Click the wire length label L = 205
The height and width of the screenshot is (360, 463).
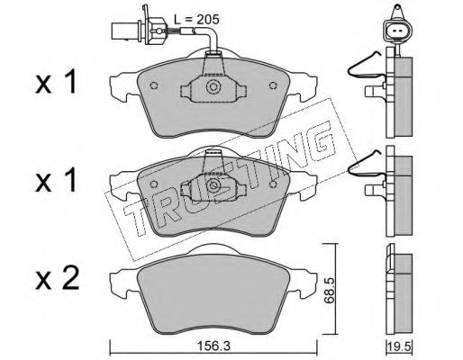coord(196,20)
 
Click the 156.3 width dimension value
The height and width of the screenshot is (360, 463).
coord(213,346)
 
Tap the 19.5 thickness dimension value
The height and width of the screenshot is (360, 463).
coord(399,346)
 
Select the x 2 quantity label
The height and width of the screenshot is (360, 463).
coord(57,278)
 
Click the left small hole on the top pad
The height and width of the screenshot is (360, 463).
coord(154,85)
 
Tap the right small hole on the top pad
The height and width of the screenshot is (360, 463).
coord(273,85)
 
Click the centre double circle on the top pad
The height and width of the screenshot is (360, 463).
coord(213,87)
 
